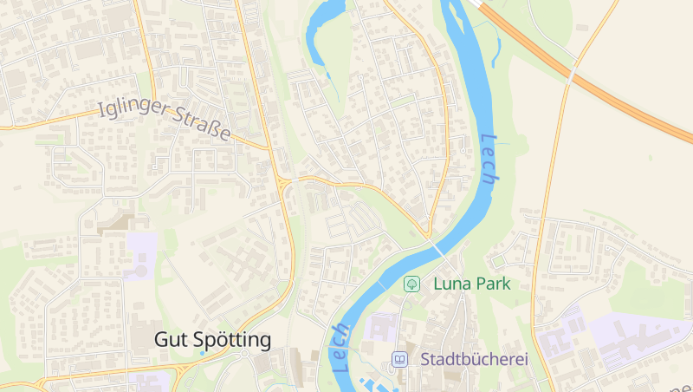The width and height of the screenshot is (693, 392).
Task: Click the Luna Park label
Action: pos(471,283)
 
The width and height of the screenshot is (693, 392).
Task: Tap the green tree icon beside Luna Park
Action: pos(413,283)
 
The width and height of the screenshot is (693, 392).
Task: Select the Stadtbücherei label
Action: pos(474,358)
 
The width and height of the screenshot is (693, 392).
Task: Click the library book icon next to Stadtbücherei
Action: pos(399,358)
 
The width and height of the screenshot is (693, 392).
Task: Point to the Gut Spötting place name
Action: pos(212,339)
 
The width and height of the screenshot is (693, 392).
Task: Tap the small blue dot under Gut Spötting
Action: pos(202,353)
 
